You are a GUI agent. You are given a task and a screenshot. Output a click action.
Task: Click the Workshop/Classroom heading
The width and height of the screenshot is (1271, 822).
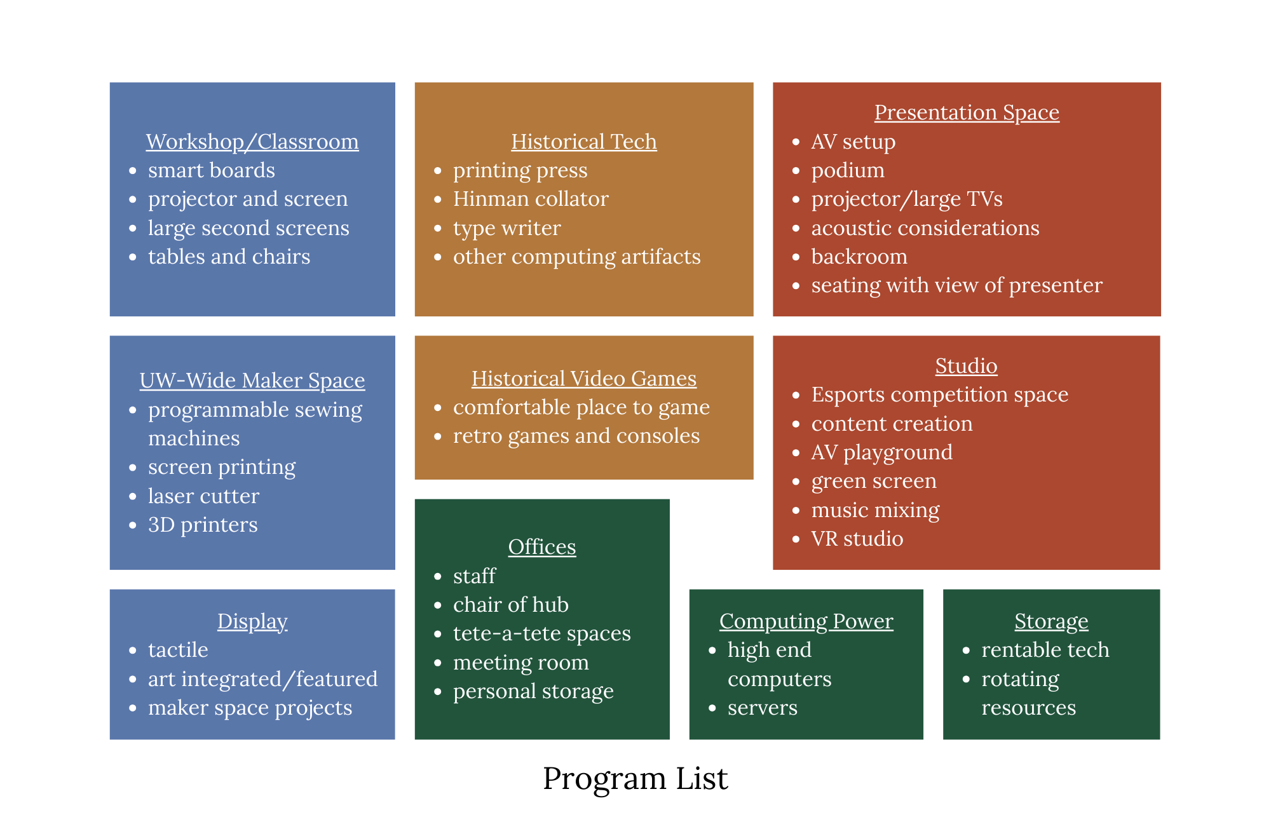(252, 142)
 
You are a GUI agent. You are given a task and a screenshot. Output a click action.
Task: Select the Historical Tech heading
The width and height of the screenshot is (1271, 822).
(583, 142)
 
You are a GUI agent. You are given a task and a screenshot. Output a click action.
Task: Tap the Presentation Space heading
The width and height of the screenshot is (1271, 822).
(967, 112)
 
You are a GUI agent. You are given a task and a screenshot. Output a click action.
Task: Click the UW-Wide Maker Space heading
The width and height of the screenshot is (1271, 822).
(252, 381)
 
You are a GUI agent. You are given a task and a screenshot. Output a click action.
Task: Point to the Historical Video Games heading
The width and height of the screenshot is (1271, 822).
(583, 379)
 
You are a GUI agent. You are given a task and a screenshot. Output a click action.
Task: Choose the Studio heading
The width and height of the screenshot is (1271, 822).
(966, 366)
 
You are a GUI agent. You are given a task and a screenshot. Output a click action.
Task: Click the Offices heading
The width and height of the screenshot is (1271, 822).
(542, 547)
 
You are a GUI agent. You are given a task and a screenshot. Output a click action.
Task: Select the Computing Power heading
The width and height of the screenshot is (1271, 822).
(806, 621)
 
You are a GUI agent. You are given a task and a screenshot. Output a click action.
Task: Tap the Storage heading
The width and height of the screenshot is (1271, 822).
(1051, 621)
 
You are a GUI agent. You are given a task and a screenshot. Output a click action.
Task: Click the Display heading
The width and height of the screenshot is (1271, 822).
(252, 621)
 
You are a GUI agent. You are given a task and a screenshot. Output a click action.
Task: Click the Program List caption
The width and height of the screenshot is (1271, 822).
(635, 778)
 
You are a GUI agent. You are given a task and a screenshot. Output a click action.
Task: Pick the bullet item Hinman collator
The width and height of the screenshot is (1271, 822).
(531, 199)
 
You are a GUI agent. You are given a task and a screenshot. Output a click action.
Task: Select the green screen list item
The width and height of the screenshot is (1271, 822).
(874, 482)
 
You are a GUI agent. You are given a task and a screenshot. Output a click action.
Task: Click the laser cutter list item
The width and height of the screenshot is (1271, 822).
(203, 496)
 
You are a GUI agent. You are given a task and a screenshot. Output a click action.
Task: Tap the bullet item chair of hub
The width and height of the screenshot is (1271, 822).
(510, 605)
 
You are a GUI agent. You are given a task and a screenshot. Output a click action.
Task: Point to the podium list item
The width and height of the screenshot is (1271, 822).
(848, 170)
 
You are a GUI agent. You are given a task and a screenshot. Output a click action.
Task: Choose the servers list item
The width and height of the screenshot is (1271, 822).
(762, 708)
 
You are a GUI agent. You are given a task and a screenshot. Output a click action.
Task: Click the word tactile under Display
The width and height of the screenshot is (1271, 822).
(178, 650)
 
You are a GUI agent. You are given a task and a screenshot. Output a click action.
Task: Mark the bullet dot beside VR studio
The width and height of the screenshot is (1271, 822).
(796, 539)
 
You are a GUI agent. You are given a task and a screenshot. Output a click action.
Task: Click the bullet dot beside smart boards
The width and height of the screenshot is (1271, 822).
(133, 171)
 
